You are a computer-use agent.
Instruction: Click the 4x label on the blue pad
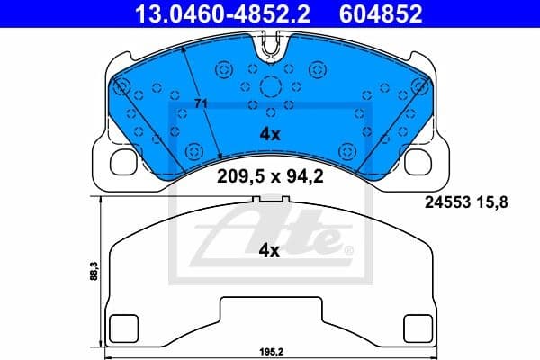270,134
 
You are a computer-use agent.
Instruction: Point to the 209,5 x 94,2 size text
270,176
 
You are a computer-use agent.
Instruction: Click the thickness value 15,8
494,203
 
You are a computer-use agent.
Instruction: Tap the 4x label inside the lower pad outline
270,251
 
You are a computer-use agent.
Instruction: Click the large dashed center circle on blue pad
270,87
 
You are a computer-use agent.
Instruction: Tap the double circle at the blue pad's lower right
346,150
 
